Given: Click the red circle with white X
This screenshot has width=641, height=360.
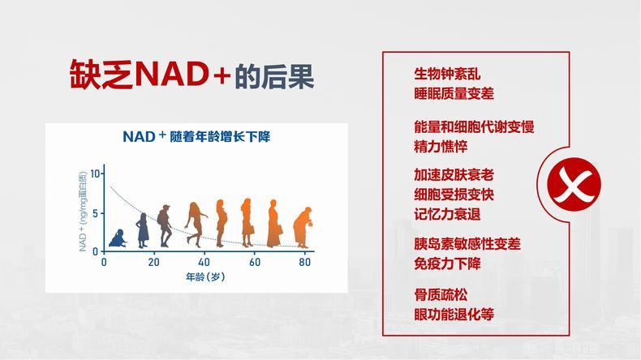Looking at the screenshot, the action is tap(574, 184).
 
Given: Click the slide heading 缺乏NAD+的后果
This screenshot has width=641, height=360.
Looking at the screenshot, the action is tap(191, 75).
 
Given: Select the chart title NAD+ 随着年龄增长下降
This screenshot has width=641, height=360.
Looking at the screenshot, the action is tap(196, 136).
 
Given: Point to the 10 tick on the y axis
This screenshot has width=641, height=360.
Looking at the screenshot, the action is tap(95, 174).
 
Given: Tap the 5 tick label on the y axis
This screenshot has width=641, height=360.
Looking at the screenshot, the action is tap(95, 214).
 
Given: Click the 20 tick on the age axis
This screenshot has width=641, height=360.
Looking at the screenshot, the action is tap(153, 262).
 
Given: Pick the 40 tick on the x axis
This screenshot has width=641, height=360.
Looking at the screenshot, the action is tap(204, 262).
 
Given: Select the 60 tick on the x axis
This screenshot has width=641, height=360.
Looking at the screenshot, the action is tap(255, 262).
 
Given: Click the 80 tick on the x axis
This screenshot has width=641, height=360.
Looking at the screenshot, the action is tap(304, 262).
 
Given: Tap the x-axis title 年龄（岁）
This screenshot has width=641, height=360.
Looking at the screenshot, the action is tap(205, 277).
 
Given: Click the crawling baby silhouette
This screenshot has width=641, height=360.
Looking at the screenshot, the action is tap(118, 238).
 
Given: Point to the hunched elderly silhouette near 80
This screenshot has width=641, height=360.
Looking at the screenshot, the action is tap(303, 228).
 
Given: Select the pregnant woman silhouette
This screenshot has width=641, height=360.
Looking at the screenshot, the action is tap(222, 223).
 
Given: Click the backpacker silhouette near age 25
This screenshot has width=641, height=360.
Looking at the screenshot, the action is tap(164, 226).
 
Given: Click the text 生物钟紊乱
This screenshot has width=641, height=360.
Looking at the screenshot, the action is tap(447, 74).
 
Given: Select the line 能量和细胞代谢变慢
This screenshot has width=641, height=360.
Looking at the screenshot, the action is tap(474, 126).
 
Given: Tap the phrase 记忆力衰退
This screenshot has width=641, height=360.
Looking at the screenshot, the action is tap(447, 214).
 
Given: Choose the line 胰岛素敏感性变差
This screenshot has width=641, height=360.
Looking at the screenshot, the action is tap(467, 244).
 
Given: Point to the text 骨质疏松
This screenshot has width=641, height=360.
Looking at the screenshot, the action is tap(441, 294).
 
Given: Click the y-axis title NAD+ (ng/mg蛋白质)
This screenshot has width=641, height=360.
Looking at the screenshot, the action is tap(83, 212).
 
